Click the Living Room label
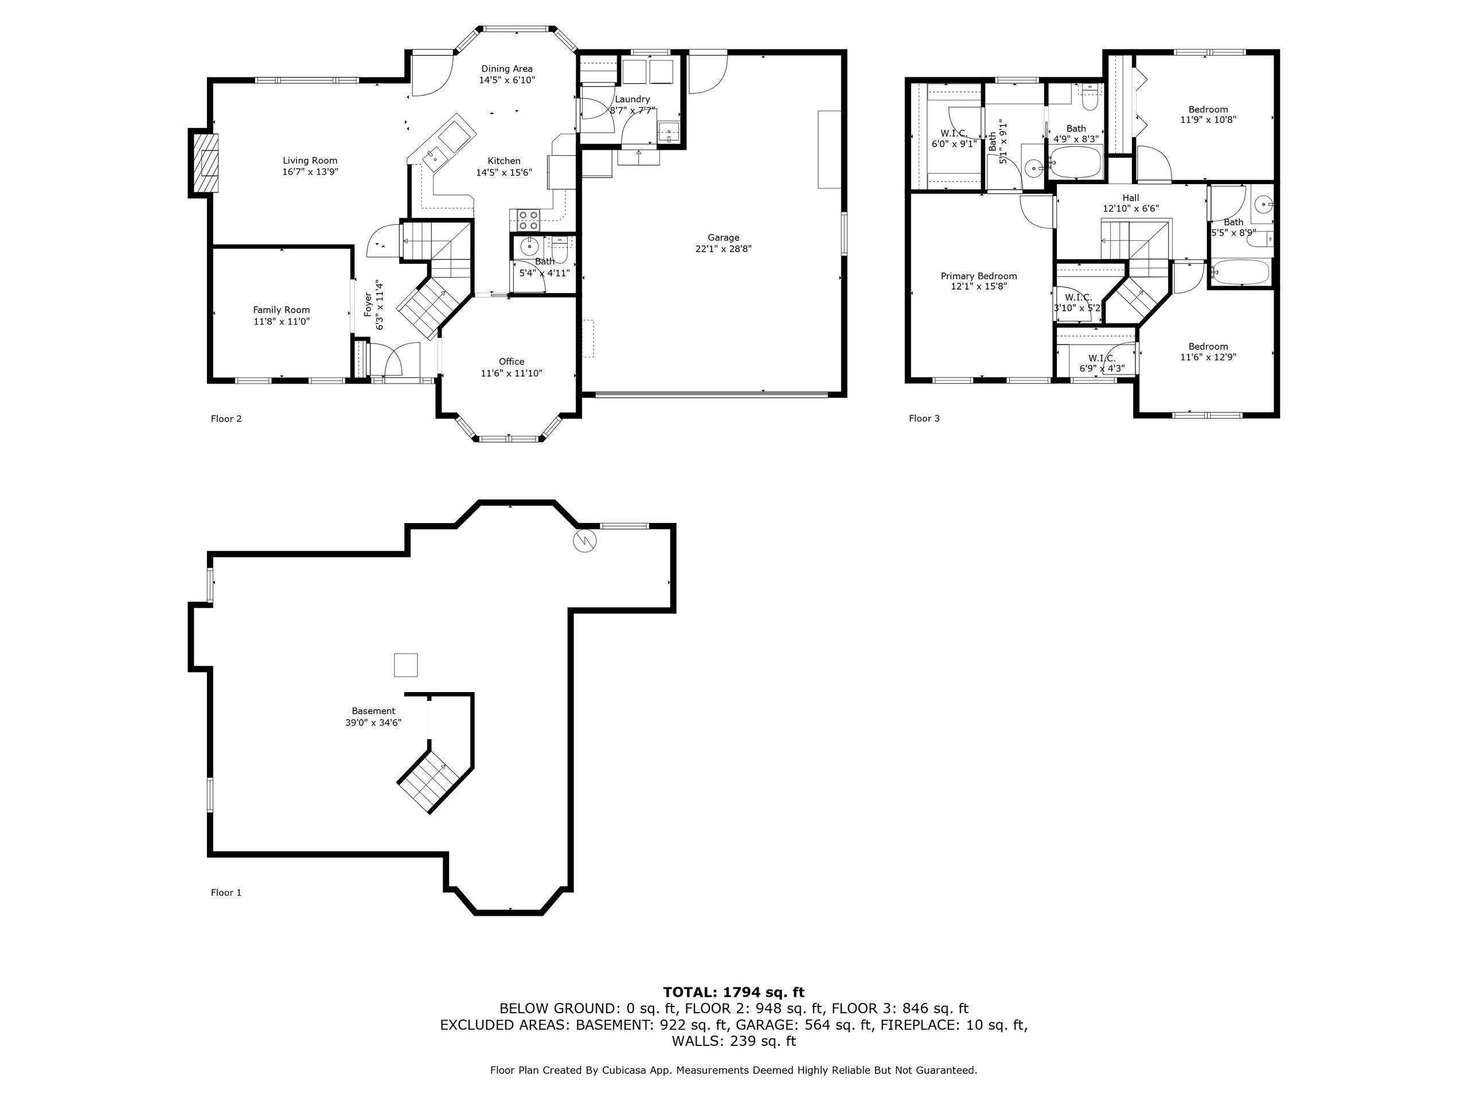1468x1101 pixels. [x=310, y=161]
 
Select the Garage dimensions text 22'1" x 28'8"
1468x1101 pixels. [x=723, y=249]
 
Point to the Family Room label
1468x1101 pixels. [x=282, y=310]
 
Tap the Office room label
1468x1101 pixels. [x=512, y=362]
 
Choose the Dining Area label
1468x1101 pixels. [x=507, y=68]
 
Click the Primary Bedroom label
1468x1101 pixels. [x=979, y=276]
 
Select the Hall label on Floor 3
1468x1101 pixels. [x=1131, y=198]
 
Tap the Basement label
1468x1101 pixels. [x=374, y=710]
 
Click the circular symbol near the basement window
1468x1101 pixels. [x=585, y=541]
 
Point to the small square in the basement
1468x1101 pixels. [x=406, y=665]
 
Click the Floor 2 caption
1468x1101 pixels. [x=227, y=419]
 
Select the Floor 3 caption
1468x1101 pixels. [x=924, y=419]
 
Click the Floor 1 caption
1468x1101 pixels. [x=227, y=893]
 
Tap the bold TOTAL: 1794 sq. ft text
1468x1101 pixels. [x=734, y=992]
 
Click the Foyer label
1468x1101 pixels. [x=368, y=304]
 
